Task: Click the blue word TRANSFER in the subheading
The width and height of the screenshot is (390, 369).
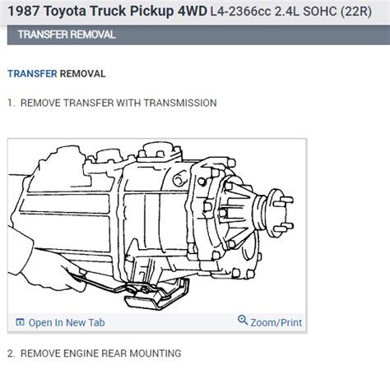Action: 32,73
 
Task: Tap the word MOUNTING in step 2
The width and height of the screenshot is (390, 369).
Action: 154,353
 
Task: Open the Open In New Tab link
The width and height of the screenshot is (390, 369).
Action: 66,322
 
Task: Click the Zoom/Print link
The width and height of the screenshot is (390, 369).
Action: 275,321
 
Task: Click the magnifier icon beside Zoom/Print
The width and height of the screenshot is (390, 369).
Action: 243,321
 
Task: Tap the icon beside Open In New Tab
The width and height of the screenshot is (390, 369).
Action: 21,322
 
